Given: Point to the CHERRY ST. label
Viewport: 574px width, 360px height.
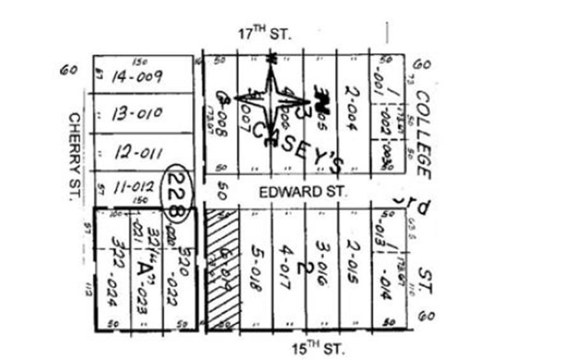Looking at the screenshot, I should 75,156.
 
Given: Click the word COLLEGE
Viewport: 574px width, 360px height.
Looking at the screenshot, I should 423,134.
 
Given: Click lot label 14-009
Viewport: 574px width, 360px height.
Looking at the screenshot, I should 136,77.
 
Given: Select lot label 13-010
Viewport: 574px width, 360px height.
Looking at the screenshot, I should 137,114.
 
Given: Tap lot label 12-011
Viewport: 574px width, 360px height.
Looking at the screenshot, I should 138,153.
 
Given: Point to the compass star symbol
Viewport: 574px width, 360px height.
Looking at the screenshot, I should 271,98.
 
